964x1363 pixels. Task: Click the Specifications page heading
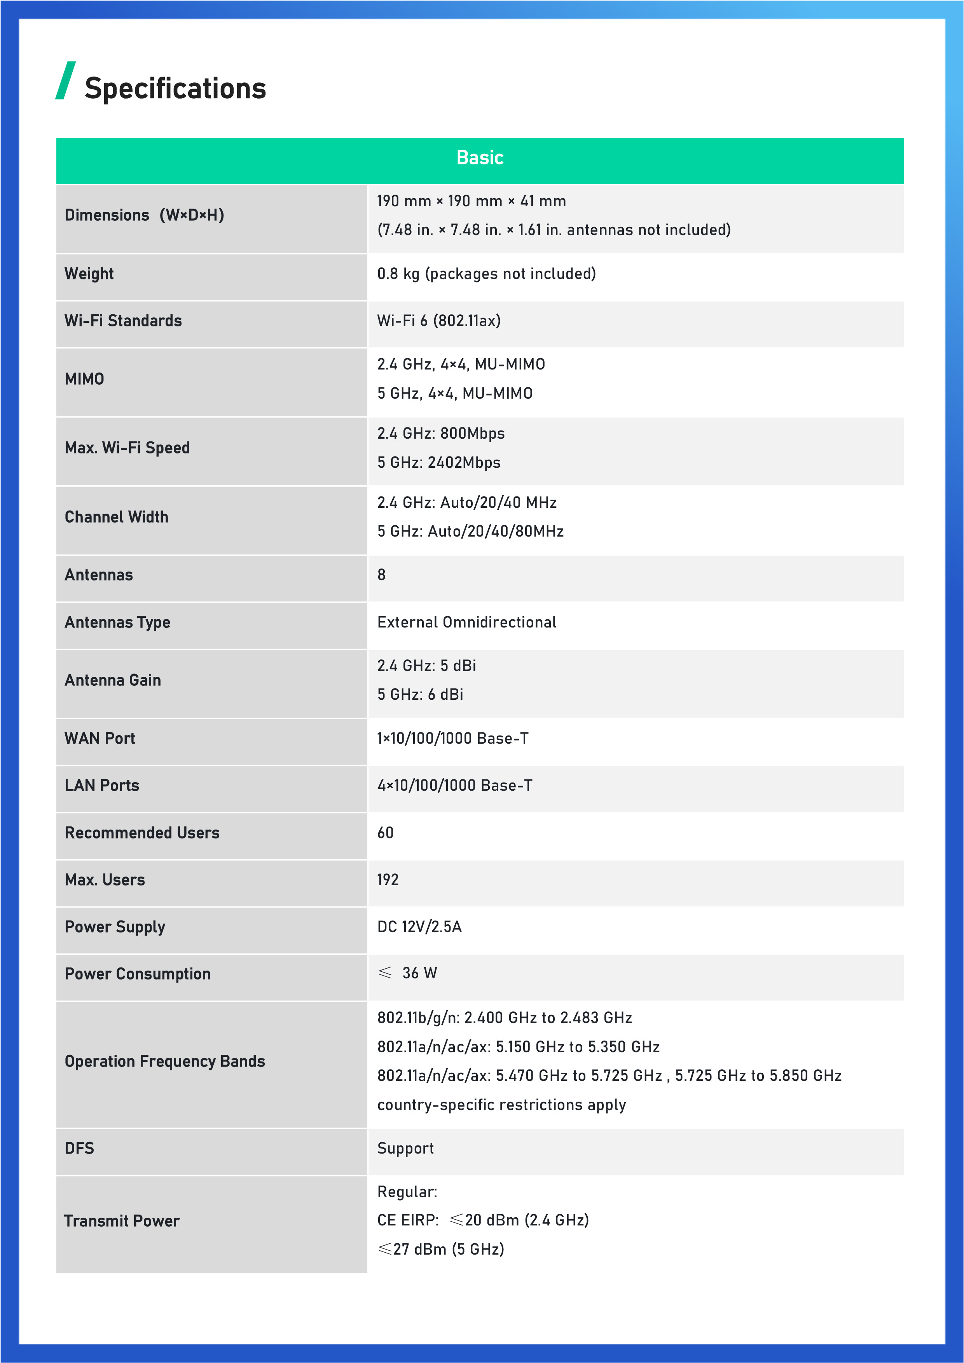[x=175, y=89]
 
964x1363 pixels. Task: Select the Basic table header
[x=480, y=158]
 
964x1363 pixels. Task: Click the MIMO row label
[x=84, y=379]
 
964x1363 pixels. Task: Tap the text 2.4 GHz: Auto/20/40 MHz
[x=467, y=502]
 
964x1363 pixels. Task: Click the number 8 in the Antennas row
[x=381, y=575]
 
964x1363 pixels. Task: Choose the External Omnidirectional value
[x=467, y=622]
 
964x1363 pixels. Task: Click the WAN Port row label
[x=100, y=739]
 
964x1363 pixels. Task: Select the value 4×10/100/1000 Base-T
[x=455, y=785]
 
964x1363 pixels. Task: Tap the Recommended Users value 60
[x=386, y=833]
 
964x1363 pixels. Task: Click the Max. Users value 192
[x=388, y=880]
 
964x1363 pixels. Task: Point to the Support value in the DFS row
[x=406, y=1148]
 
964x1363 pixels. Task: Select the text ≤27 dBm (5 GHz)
[x=441, y=1249]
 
